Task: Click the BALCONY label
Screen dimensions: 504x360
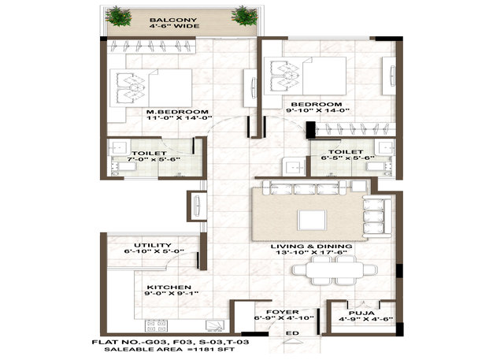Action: tap(173, 20)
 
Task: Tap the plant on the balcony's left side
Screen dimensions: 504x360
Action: tap(119, 16)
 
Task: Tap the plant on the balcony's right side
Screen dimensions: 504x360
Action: tap(245, 16)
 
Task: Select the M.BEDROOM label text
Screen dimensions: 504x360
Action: tap(177, 112)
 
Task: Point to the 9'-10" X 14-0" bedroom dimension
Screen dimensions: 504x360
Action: tap(317, 110)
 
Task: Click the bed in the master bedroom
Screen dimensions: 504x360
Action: tap(150, 87)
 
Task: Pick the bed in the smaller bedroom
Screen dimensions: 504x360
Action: tap(305, 76)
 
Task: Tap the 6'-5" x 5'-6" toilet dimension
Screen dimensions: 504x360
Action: tap(347, 158)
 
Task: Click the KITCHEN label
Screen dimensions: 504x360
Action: tap(169, 287)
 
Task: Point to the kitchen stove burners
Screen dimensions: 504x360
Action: tap(156, 326)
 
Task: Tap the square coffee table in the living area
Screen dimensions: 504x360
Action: tap(312, 221)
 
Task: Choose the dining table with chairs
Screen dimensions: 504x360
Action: tap(334, 270)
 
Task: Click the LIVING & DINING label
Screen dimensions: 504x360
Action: tap(311, 247)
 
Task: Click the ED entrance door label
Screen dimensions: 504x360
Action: tap(292, 333)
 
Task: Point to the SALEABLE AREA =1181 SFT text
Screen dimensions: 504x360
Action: tap(169, 349)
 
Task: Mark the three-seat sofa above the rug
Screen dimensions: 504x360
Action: tap(305, 188)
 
